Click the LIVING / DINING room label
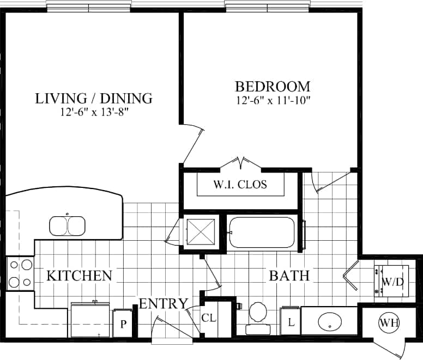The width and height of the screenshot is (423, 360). [x=93, y=99]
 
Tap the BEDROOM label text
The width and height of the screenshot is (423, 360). [x=273, y=86]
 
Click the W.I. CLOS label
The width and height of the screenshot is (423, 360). [x=240, y=185]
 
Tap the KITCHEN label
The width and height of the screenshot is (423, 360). [x=79, y=275]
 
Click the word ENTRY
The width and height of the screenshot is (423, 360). [x=164, y=303]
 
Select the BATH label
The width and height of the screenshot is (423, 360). [x=289, y=276]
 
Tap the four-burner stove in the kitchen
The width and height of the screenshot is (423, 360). [x=20, y=273]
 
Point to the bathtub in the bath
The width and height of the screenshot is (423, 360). [x=262, y=233]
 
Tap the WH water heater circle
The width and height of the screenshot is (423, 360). [x=389, y=323]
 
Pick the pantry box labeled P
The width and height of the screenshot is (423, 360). [x=123, y=324]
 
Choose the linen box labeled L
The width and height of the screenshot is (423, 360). [x=291, y=321]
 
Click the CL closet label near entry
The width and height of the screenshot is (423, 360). [x=209, y=317]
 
